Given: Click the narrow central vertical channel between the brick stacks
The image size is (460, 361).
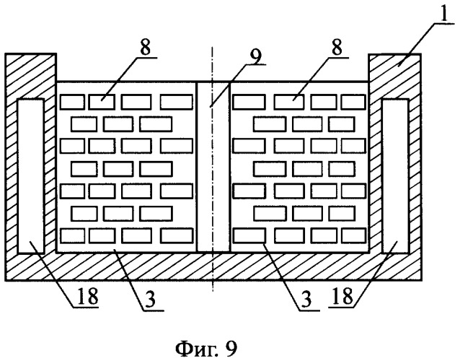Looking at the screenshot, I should click(212, 166).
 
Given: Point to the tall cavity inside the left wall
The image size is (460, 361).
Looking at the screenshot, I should click(29, 175).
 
